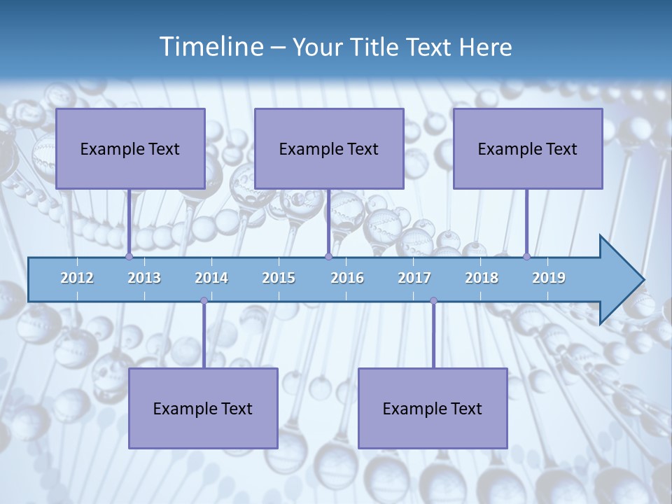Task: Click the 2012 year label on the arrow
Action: tap(77, 278)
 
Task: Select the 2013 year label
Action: tap(144, 278)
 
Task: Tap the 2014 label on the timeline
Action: tap(211, 278)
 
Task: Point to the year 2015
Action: tap(279, 278)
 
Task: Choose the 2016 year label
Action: tap(347, 278)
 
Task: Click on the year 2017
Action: tap(414, 278)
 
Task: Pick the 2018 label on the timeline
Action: tap(482, 278)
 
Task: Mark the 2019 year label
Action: tap(549, 278)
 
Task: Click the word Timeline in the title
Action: tap(211, 47)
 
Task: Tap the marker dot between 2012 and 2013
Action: tap(129, 257)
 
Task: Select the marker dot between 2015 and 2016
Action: tap(328, 257)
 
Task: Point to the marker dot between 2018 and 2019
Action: tap(527, 257)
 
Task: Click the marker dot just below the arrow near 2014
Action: tap(204, 301)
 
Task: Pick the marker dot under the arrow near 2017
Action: tap(433, 301)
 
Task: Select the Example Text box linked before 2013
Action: tap(130, 149)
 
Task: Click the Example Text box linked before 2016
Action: tap(329, 149)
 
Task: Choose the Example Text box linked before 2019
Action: tap(528, 149)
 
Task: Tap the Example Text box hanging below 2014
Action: tap(203, 409)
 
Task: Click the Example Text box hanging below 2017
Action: tap(433, 409)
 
